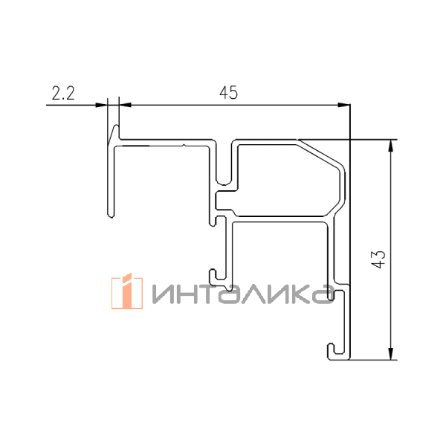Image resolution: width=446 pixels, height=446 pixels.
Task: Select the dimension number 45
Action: pyautogui.click(x=228, y=93)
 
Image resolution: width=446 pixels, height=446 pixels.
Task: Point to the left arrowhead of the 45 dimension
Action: pyautogui.click(x=126, y=105)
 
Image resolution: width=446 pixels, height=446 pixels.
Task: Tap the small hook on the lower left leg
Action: pyautogui.click(x=216, y=277)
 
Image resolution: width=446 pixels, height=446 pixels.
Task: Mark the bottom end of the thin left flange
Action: pyautogui.click(x=110, y=215)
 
